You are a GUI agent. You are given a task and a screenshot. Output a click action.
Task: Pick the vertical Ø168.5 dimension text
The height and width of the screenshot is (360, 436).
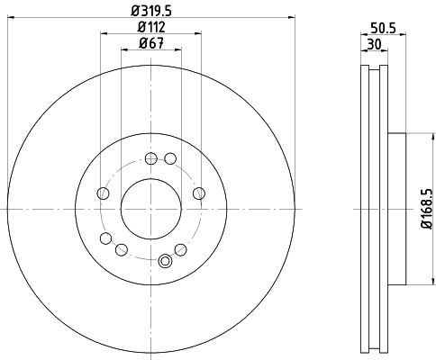click(426, 208)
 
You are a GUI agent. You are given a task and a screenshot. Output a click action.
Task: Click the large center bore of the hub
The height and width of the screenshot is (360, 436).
click(150, 208)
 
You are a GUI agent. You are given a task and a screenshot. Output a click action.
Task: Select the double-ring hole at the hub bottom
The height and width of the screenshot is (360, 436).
click(164, 261)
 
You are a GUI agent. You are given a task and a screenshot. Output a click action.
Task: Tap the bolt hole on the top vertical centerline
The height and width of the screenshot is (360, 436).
click(150, 159)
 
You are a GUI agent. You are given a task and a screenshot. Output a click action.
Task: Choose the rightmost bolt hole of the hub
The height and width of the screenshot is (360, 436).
click(198, 193)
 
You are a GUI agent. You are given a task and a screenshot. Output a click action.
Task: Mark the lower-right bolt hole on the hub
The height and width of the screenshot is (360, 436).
click(180, 249)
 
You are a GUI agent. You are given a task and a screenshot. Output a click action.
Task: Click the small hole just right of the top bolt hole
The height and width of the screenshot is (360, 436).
click(168, 160)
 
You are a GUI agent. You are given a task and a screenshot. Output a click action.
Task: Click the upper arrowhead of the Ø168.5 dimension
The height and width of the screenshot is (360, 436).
click(420, 136)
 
